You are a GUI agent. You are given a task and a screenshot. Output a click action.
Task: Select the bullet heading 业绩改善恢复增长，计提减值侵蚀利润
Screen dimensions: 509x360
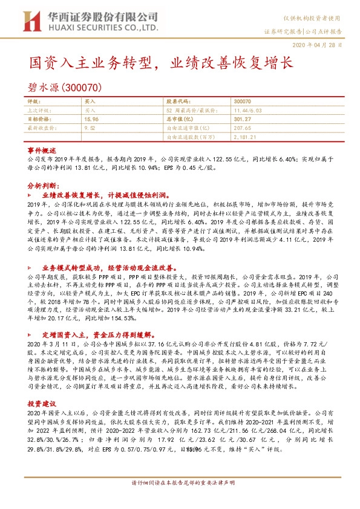point(105,196)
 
